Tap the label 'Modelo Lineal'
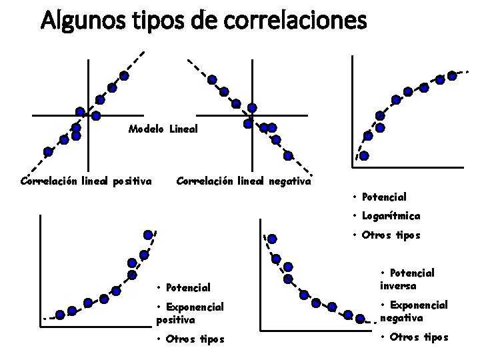163,128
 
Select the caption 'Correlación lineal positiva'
87,180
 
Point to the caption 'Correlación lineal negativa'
243,180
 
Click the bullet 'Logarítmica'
391,216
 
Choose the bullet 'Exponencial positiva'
187,313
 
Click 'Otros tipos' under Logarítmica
391,235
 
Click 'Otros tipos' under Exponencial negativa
417,337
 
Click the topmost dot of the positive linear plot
124,75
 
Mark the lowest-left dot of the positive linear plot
48,151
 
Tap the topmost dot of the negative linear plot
211,79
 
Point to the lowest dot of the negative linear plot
288,156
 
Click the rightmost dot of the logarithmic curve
452,75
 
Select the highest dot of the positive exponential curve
147,234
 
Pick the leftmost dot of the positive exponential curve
60,313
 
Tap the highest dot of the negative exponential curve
272,238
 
